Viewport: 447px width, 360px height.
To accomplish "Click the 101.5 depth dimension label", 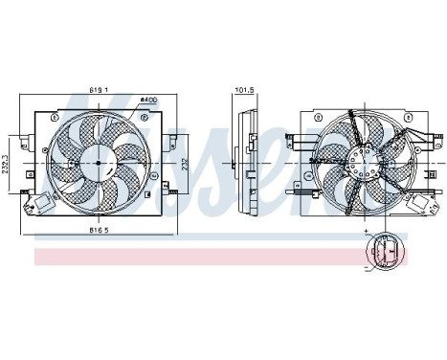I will click(x=243, y=92).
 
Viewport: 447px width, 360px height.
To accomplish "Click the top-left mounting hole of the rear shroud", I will click(x=308, y=119).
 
